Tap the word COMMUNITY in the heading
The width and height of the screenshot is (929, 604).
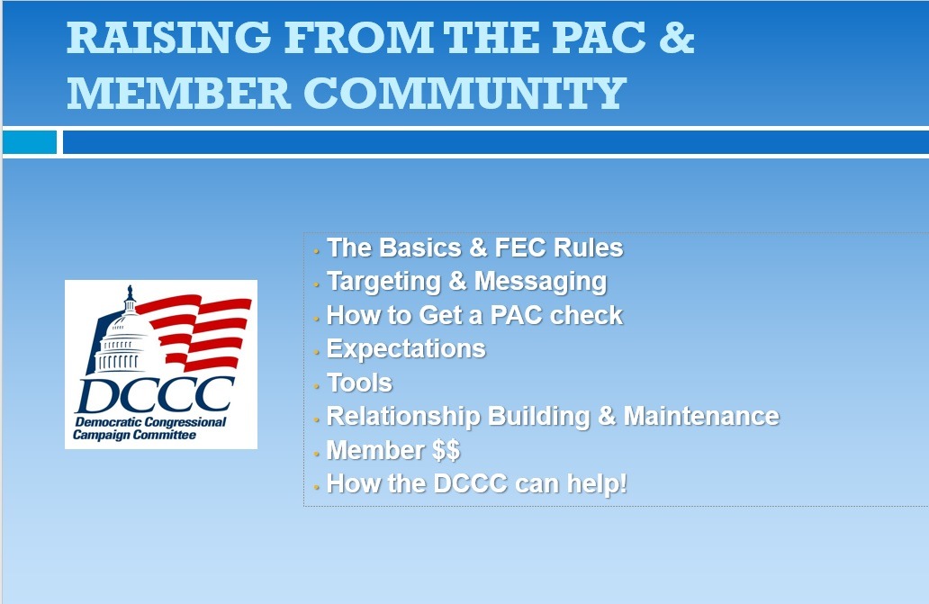click(x=465, y=93)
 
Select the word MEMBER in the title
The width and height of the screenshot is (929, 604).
click(x=178, y=93)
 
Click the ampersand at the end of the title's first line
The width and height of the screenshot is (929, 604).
click(x=676, y=37)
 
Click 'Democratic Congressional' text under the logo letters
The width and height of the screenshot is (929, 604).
click(x=150, y=422)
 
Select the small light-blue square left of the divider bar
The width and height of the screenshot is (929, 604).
click(x=30, y=142)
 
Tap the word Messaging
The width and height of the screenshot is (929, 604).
click(x=540, y=282)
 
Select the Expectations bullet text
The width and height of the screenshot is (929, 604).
click(x=406, y=349)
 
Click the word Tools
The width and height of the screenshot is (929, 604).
click(x=360, y=383)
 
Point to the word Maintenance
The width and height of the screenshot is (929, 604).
click(x=701, y=416)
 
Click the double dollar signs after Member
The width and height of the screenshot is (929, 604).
click(x=446, y=450)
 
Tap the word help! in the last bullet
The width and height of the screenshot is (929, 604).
click(x=597, y=483)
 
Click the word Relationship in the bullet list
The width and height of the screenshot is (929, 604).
click(x=403, y=417)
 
